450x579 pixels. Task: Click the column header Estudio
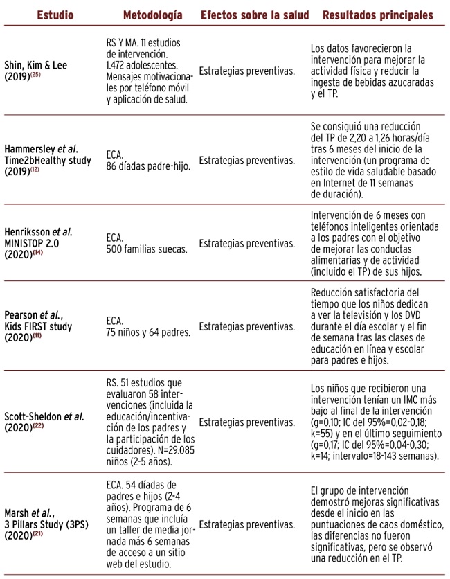click(55, 15)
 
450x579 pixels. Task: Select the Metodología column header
click(152, 15)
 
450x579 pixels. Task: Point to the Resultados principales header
click(378, 15)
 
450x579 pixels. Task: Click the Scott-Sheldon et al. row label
click(53, 416)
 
